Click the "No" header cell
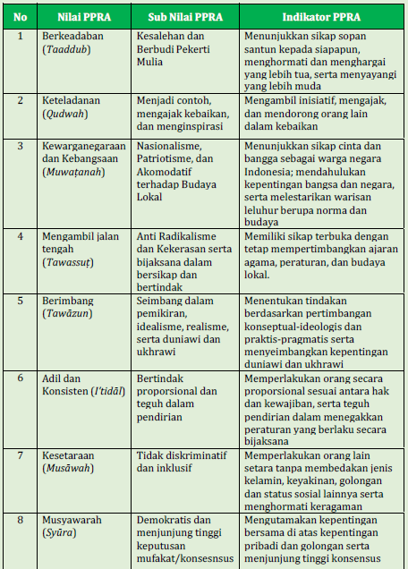20,16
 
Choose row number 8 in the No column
20,519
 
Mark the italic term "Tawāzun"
66,317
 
